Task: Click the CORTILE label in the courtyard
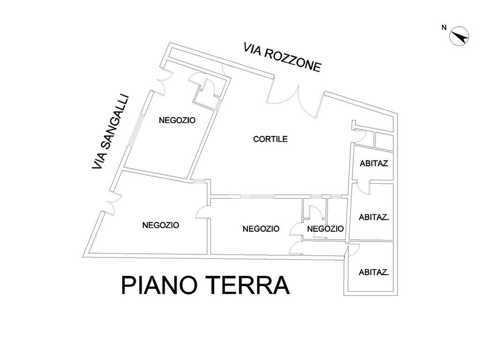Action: [270, 139]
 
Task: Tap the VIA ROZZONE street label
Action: [282, 58]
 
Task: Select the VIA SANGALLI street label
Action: [111, 132]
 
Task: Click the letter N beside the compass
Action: [444, 28]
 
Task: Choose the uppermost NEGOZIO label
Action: [177, 120]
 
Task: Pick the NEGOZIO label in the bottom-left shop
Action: [161, 225]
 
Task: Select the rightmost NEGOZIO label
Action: [325, 229]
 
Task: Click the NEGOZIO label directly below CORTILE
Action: [261, 229]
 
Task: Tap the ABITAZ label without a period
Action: [374, 164]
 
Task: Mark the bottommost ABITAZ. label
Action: [374, 272]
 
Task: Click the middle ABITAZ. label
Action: [374, 217]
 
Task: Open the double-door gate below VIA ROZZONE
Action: [294, 99]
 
